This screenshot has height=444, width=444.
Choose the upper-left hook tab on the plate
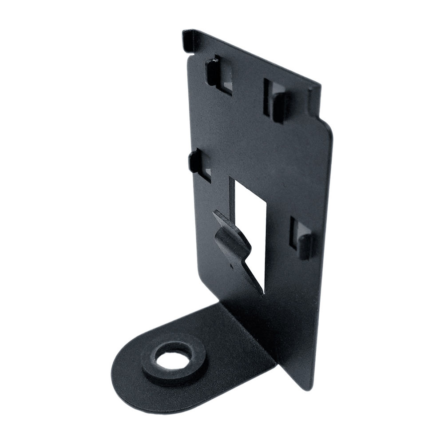211,71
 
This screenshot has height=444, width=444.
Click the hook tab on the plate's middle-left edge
195,162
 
